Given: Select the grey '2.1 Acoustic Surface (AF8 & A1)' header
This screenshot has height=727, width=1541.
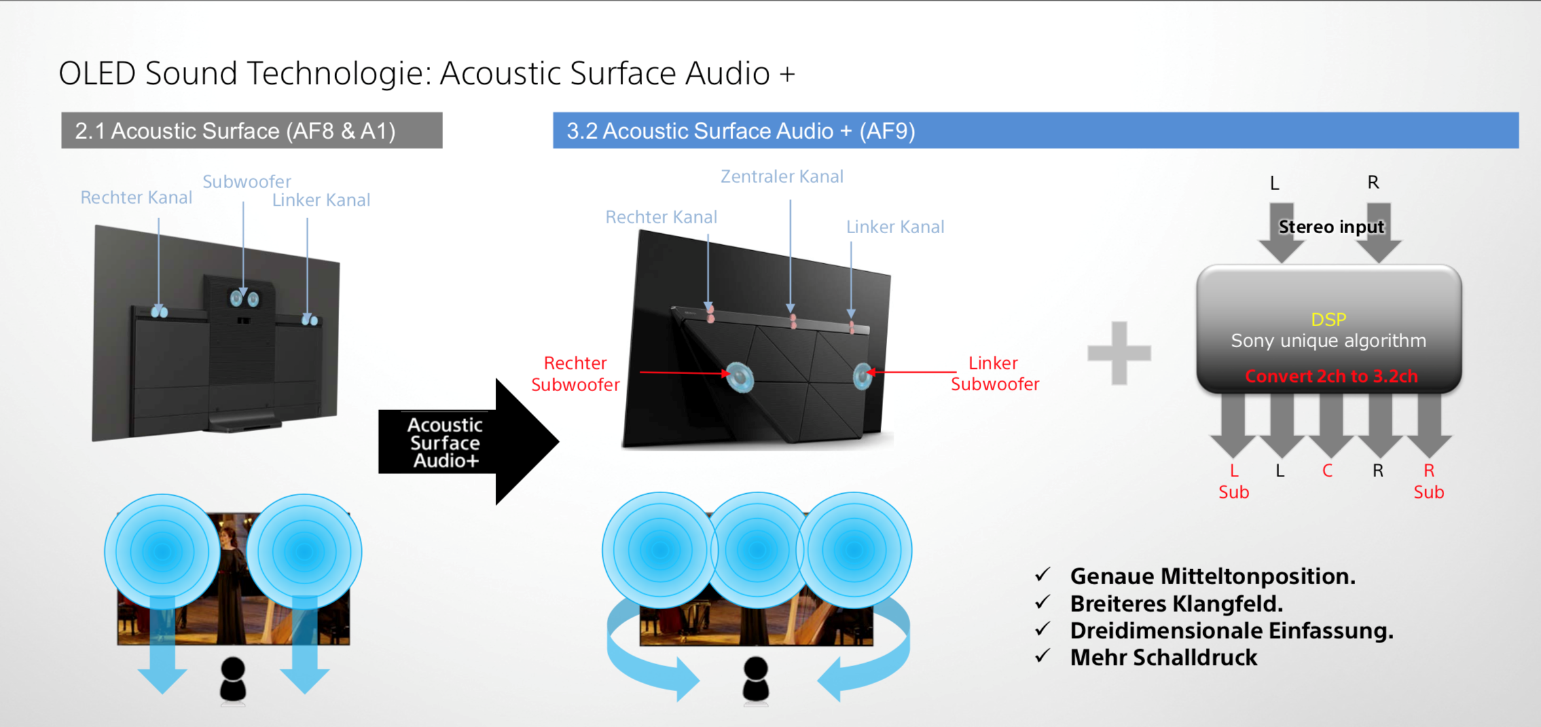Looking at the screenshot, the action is (252, 130).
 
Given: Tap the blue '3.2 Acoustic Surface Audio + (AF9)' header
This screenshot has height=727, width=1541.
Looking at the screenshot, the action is (1036, 130).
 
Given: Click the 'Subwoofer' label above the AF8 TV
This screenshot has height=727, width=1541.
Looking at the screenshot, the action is (247, 181).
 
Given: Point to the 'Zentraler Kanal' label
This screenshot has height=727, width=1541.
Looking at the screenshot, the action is (782, 177).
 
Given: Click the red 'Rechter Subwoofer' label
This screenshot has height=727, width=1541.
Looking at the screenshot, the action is (575, 373).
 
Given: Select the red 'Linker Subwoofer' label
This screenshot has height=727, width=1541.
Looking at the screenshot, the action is (994, 373).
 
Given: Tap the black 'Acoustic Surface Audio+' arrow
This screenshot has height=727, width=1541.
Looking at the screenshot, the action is (469, 442).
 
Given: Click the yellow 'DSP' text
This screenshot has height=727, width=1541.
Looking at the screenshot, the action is (1328, 320).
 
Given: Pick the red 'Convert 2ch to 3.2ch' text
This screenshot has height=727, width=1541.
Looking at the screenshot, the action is (1331, 376).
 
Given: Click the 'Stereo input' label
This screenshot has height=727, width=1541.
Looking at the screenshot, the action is (1331, 227).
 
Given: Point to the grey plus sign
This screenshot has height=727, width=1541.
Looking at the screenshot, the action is (1119, 353).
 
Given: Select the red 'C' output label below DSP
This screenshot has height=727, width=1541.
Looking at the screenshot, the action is (1328, 471).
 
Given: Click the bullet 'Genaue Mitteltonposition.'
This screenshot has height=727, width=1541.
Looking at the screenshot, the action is (1212, 576).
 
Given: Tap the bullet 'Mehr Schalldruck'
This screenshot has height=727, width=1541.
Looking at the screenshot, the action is (1163, 658).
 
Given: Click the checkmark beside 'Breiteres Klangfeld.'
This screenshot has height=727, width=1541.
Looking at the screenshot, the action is (1043, 602).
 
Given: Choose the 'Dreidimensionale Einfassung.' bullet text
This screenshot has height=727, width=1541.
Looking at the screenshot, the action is (1231, 631).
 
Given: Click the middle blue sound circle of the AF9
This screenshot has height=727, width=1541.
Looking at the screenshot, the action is (757, 550).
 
